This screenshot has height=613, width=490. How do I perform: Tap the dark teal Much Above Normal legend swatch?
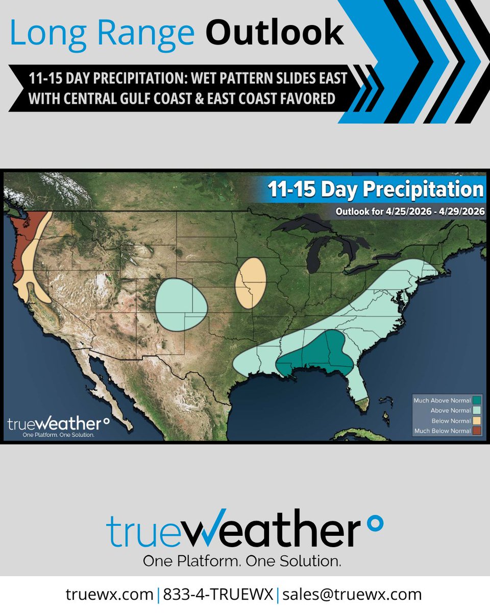pos(477,400)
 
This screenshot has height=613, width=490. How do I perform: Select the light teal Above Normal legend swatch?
pos(477,411)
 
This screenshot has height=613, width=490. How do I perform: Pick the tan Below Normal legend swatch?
pos(477,421)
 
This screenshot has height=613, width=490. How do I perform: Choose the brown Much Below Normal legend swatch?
pos(477,431)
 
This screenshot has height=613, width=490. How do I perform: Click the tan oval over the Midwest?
pos(251,283)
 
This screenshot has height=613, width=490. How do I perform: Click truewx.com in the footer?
pos(109,594)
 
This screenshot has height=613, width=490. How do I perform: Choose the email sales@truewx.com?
pos(352,594)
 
